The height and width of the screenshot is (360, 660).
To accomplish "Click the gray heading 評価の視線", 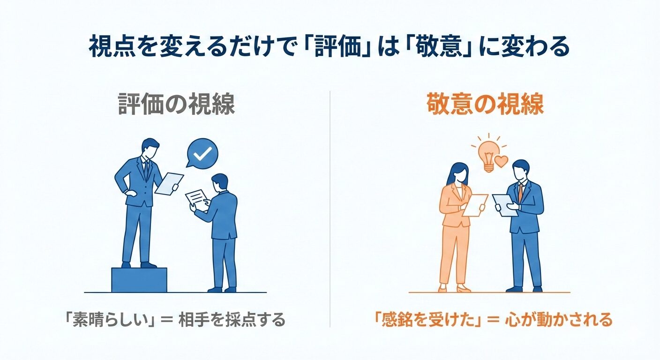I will pos(176,105).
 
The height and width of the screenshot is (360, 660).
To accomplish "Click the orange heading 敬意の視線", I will pos(485,105).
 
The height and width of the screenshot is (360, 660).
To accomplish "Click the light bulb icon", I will pos(488,153).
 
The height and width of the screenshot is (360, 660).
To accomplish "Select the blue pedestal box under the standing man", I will pos(139,280).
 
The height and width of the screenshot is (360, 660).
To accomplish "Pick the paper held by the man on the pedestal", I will pos(169,183).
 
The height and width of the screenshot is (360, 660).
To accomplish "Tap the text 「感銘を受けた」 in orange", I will pos(426,321).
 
